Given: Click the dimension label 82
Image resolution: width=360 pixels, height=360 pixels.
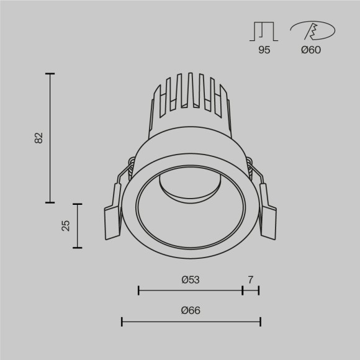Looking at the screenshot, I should tap(39, 138).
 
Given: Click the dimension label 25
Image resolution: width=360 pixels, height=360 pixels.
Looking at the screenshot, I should tap(66, 225).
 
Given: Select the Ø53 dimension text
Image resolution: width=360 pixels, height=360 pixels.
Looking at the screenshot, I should tap(190, 280).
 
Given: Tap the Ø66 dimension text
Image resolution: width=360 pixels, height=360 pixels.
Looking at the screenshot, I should tap(191, 311).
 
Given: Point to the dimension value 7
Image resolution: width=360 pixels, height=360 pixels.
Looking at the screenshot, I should tap(250, 280).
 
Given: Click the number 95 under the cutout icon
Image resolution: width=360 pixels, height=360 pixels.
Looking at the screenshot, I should tap(264, 51).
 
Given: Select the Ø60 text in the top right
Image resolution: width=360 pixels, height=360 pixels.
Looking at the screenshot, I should tap(310, 51).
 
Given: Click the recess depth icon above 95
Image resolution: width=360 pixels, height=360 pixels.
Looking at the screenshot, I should tap(264, 31).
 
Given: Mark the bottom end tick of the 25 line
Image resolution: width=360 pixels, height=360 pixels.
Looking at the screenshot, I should tap(77, 248).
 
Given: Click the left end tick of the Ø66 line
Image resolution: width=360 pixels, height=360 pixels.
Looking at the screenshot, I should tap(122, 322).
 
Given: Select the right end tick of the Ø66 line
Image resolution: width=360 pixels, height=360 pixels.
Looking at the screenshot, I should tap(260, 322).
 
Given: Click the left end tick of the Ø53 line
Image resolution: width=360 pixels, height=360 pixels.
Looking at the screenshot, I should tap(138, 290).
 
